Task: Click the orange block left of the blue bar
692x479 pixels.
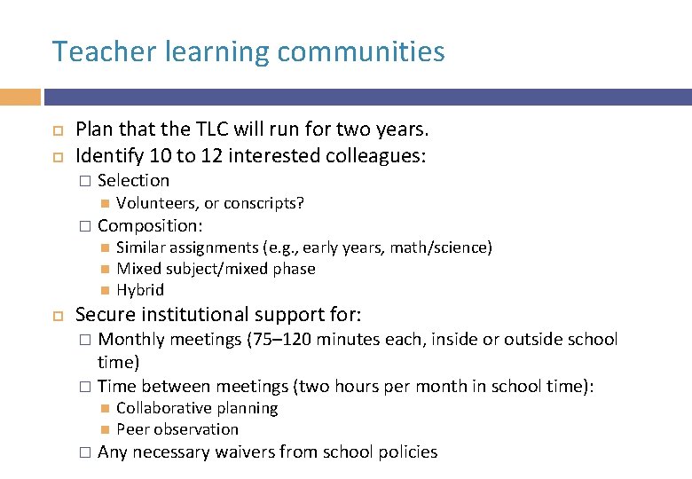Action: tap(20, 97)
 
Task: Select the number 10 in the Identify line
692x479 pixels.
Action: tap(160, 156)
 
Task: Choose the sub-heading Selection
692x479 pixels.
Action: tap(133, 180)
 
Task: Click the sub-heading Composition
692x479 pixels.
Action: tap(150, 225)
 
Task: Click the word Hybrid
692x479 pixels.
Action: tap(140, 290)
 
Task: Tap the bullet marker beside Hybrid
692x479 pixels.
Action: tap(104, 290)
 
